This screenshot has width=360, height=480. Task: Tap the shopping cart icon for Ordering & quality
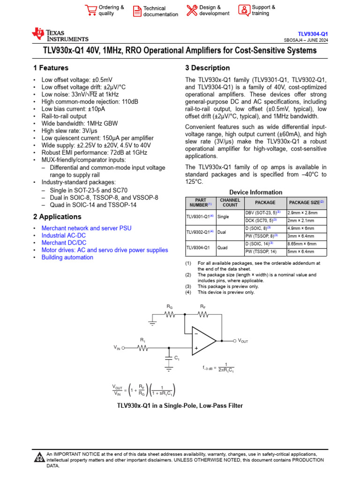(90, 10)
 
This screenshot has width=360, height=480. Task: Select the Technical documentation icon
(136, 11)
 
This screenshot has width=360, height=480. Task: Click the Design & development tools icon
(192, 10)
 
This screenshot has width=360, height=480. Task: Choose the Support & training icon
(244, 10)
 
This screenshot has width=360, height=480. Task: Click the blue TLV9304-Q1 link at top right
(313, 34)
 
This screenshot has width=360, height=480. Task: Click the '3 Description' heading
(208, 68)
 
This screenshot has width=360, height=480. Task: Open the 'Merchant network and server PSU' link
(86, 228)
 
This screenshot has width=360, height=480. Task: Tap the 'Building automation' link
(67, 257)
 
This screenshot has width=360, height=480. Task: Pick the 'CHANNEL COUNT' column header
(230, 202)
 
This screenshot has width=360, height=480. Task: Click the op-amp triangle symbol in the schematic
(203, 341)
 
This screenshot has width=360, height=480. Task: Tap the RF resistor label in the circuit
(202, 306)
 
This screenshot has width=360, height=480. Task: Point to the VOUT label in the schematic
(243, 341)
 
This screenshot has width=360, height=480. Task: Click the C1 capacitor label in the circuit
(177, 358)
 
